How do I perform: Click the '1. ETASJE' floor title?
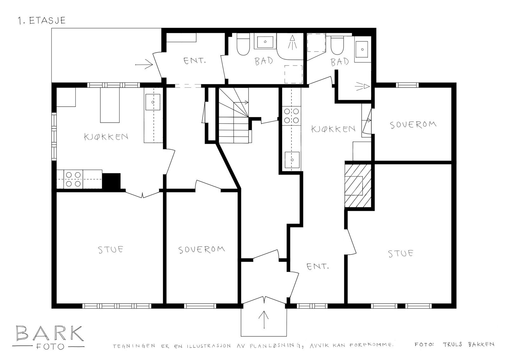point(42,21)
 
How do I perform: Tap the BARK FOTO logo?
point(48,338)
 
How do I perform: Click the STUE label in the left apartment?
point(110,250)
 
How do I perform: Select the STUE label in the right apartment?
point(400,253)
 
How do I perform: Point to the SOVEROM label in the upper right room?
point(413,125)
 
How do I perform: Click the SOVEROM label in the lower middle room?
point(202,250)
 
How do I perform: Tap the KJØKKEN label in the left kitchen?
point(106,137)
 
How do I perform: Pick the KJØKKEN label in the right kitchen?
point(333,129)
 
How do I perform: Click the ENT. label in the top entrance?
point(195,61)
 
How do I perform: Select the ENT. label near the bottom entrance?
point(317,266)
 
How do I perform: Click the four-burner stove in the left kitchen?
point(73,179)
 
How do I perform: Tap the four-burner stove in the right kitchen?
point(291,116)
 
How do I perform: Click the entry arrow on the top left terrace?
point(144,65)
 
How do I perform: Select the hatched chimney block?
point(358,186)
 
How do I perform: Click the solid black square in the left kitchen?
point(111,181)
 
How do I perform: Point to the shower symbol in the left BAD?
point(292,42)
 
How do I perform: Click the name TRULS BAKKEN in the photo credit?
point(469,344)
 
